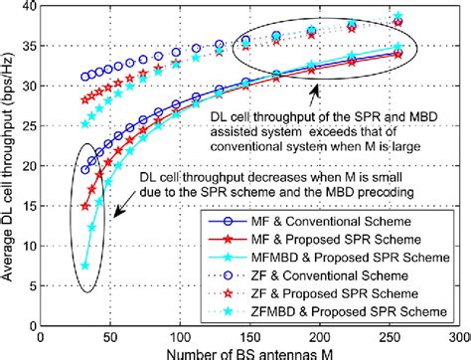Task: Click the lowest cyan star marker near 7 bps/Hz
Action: (86, 266)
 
